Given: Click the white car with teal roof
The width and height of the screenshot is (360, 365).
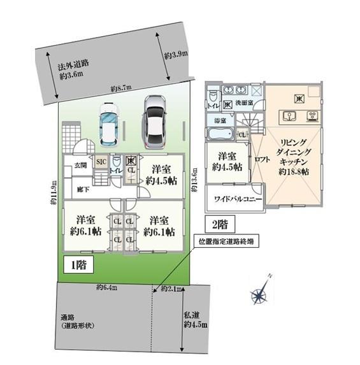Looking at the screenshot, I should (x=108, y=124).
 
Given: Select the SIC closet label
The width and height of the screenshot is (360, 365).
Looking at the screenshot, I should (x=100, y=162).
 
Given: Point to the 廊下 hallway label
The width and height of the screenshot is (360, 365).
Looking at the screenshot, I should (x=82, y=189).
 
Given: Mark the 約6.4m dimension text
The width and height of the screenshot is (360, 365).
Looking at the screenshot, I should (x=107, y=287).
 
